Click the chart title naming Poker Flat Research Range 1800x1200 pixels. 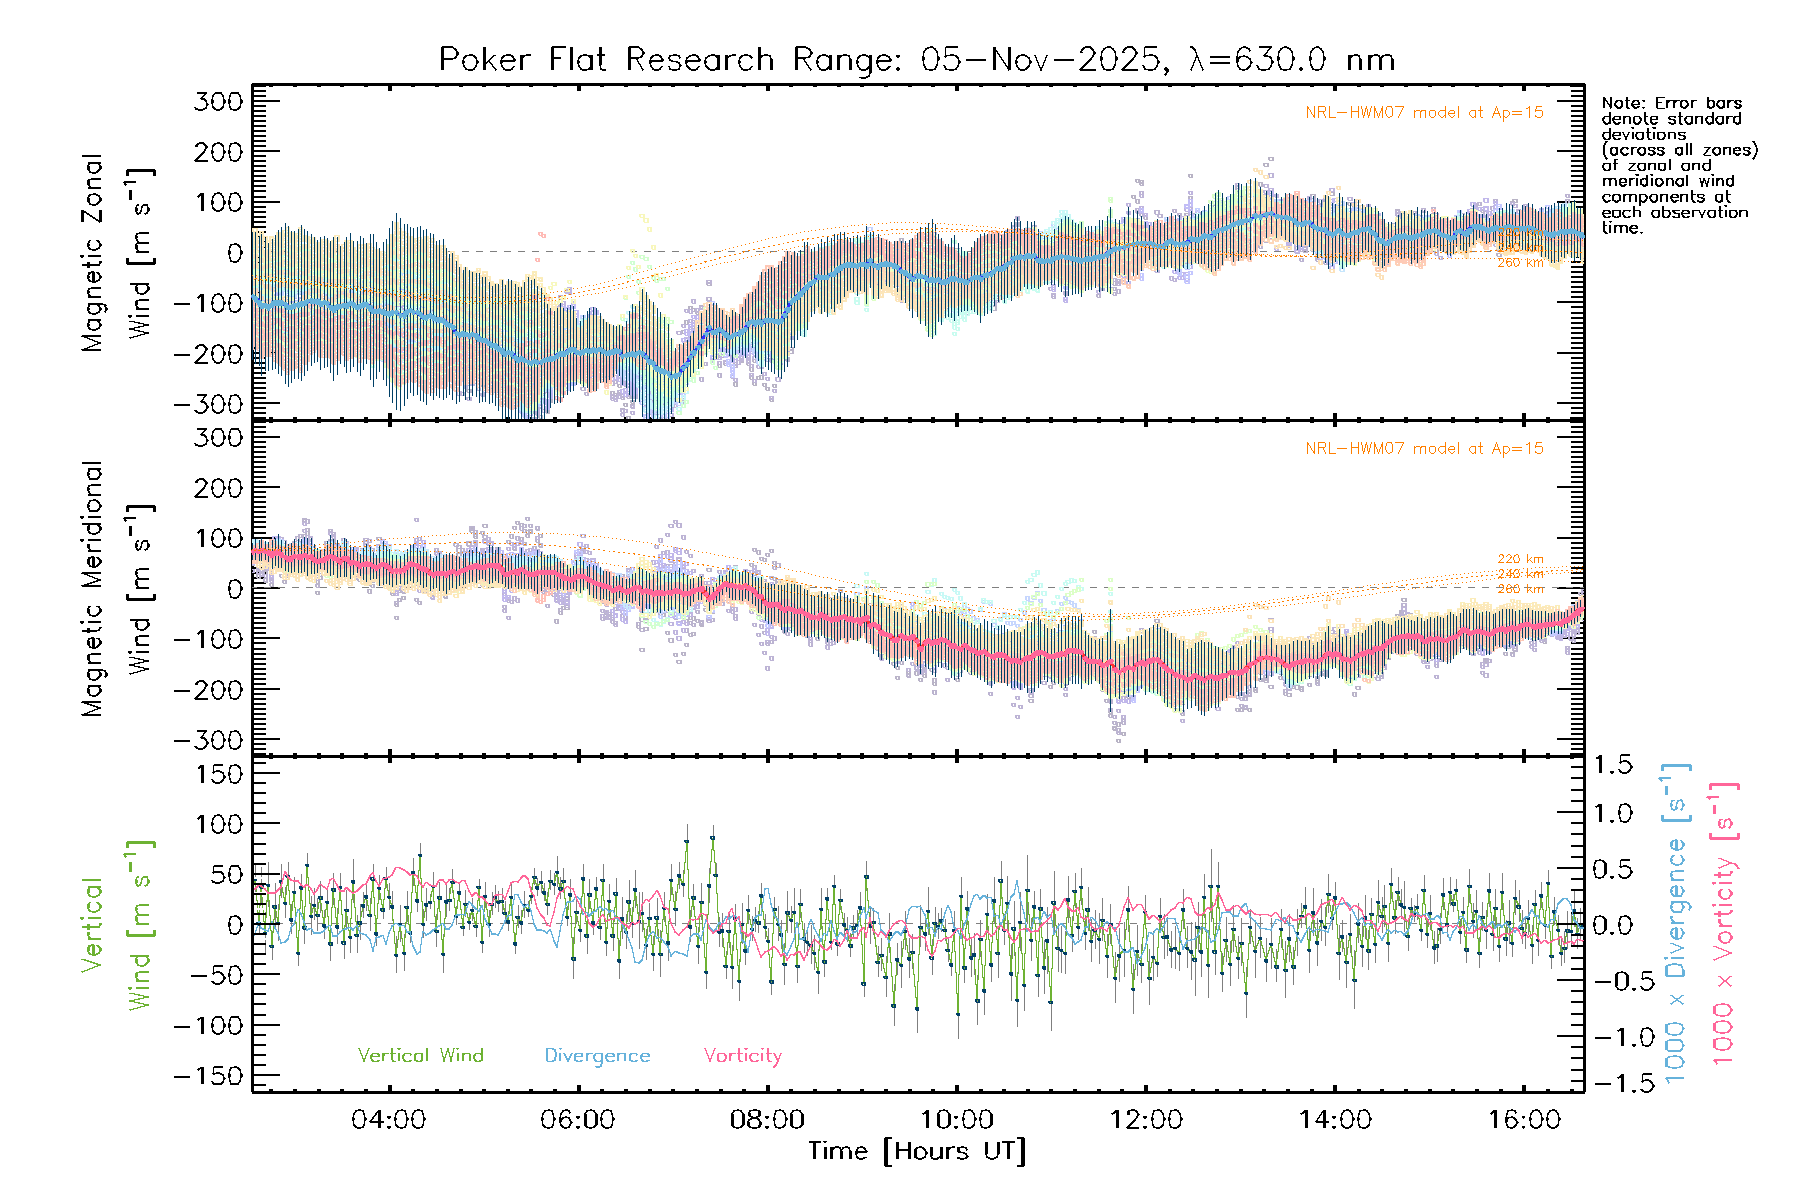pos(916,60)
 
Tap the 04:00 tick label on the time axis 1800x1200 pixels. pos(388,1120)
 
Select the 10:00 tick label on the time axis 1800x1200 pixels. pos(957,1120)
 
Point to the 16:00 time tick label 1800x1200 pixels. pos(1524,1120)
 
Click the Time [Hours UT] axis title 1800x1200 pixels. pos(917,1152)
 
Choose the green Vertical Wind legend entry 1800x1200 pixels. pos(420,1056)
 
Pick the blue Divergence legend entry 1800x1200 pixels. pos(597,1056)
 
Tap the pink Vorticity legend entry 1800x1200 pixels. pos(742,1056)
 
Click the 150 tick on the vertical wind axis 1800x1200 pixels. pos(220,774)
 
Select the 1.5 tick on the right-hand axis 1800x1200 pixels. pos(1612,765)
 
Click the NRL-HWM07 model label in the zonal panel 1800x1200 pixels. pos(1424,113)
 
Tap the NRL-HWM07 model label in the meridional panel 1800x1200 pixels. pos(1424,449)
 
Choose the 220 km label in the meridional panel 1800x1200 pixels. pos(1520,559)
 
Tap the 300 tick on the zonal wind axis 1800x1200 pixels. pos(219,101)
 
